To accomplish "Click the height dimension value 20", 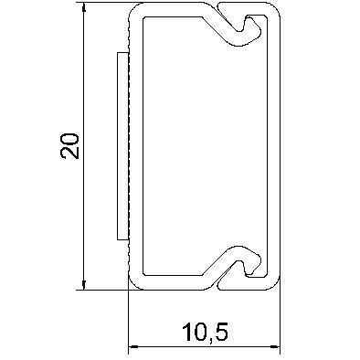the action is (69, 146).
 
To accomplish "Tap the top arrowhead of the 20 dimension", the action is (84, 8).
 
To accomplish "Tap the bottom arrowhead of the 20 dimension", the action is (84, 285).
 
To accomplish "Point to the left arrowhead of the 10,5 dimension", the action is (133, 346).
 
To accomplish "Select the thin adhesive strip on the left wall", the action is (122, 145).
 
